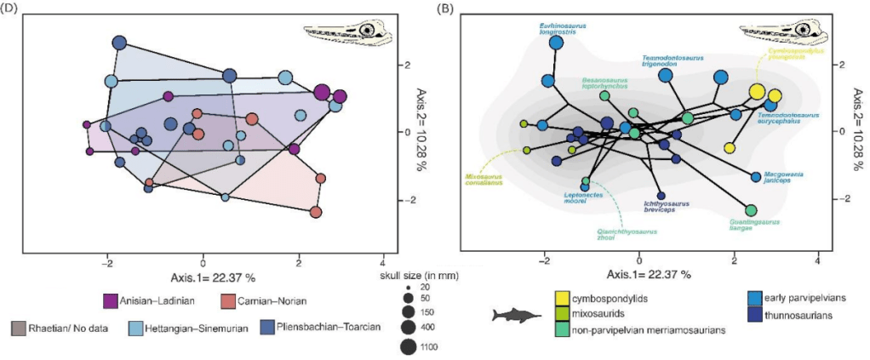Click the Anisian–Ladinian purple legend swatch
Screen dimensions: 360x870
tap(110, 300)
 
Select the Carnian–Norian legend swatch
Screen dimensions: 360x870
tap(228, 300)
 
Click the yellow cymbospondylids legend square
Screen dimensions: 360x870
tap(562, 296)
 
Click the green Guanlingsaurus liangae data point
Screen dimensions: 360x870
tap(751, 210)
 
